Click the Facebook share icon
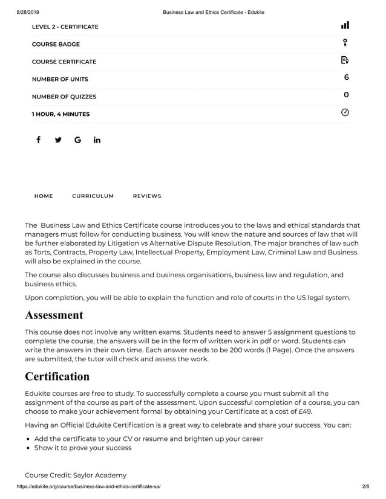[38, 140]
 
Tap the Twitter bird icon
[58, 140]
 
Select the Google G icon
[77, 140]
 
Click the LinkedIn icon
[97, 140]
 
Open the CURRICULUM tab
[93, 196]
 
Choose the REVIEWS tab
[147, 196]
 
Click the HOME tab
[44, 196]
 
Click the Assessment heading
[54, 315]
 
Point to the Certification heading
[57, 376]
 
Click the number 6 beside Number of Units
[346, 78]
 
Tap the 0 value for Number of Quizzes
[346, 95]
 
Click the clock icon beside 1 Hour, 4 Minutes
[345, 112]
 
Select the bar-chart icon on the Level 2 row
[345, 25]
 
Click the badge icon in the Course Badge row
[345, 42]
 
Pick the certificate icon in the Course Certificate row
[345, 60]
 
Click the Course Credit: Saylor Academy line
[75, 475]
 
